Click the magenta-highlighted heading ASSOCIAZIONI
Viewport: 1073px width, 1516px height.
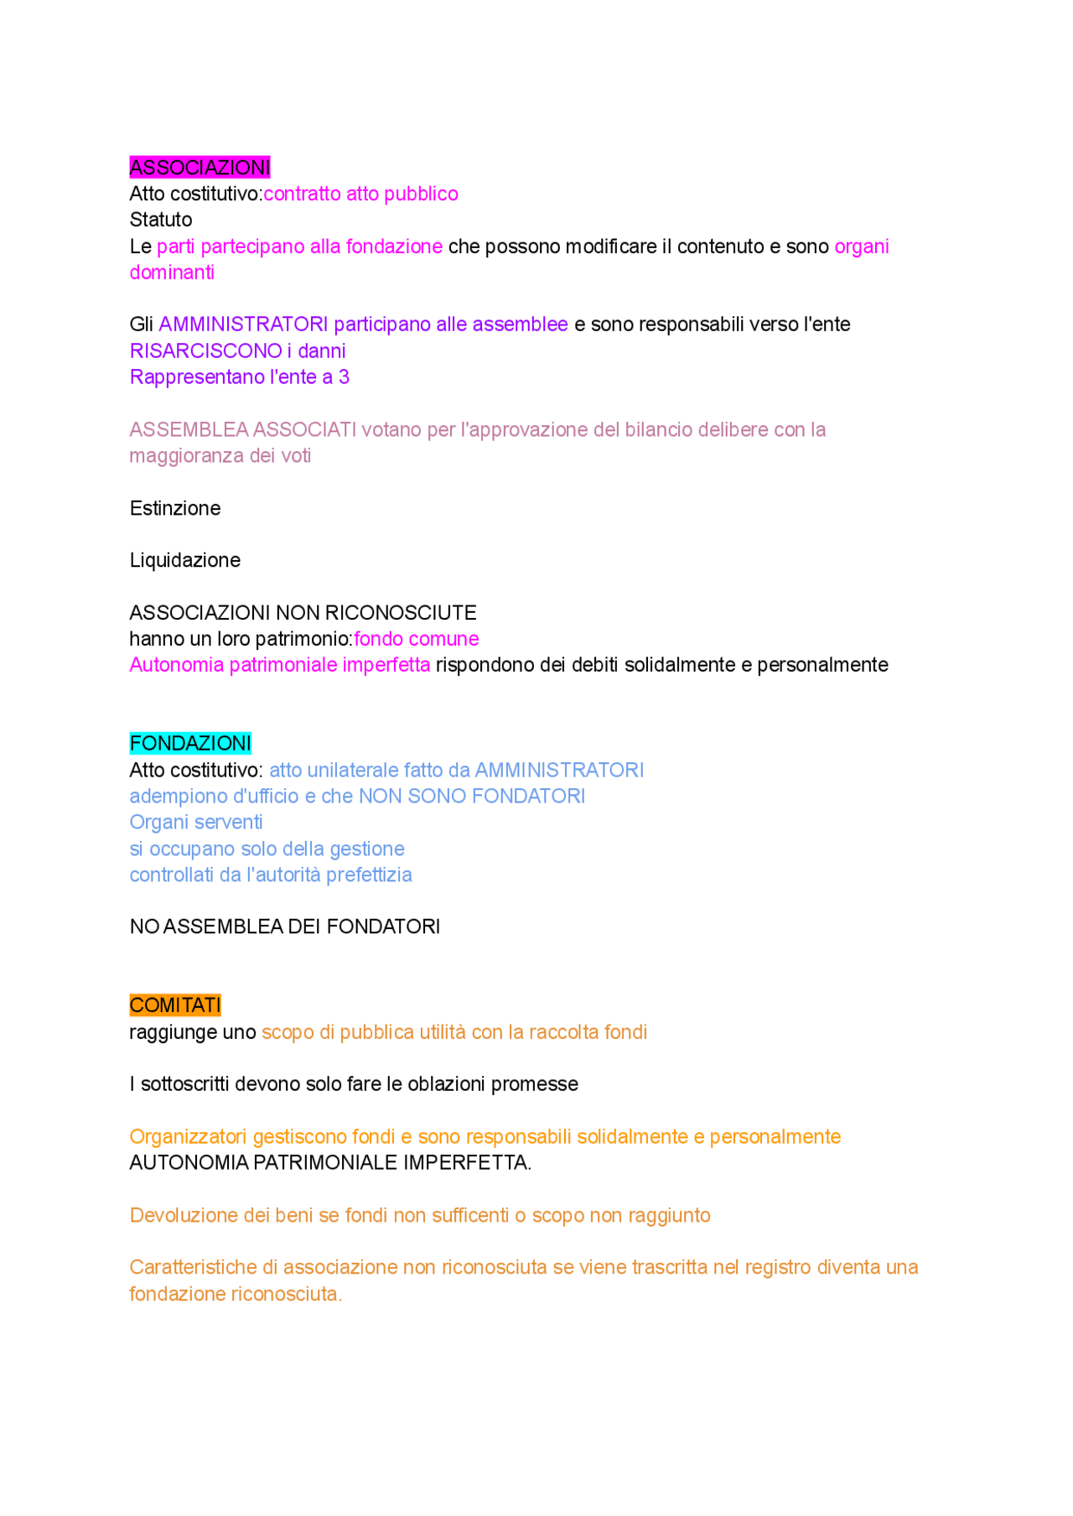(x=200, y=168)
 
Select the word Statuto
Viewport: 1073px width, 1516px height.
(x=161, y=220)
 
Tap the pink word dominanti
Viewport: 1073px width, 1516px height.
(x=172, y=273)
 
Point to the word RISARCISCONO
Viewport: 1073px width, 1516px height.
(x=206, y=350)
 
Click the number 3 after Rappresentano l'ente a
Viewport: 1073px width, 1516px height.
(x=344, y=377)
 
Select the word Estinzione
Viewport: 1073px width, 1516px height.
(x=175, y=508)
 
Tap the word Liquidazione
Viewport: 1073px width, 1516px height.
(x=185, y=560)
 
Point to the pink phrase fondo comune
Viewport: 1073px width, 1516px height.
(x=416, y=639)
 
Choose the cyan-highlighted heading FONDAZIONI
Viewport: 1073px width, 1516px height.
(x=190, y=744)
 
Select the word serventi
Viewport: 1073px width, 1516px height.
(x=224, y=823)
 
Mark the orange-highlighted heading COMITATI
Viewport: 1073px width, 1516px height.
(x=175, y=1005)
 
